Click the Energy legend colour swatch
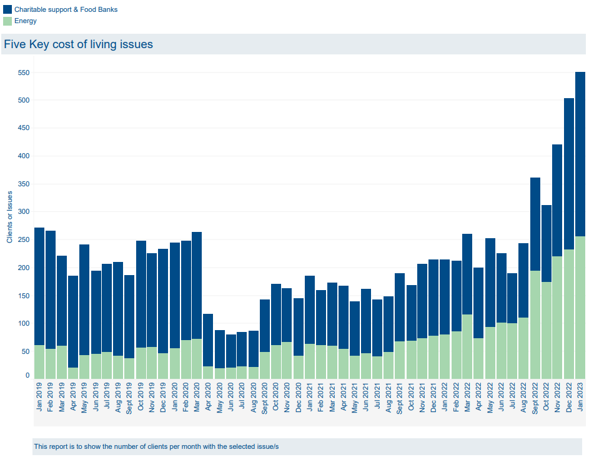pyautogui.click(x=7, y=21)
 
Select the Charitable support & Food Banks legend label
pyautogui.click(x=66, y=10)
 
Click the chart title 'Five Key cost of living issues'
pyautogui.click(x=78, y=45)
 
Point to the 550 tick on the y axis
pyautogui.click(x=23, y=73)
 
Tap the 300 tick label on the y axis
pyautogui.click(x=23, y=212)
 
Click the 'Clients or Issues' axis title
pyautogui.click(x=10, y=217)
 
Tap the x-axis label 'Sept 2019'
pyautogui.click(x=129, y=396)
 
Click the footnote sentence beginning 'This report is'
pyautogui.click(x=156, y=446)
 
